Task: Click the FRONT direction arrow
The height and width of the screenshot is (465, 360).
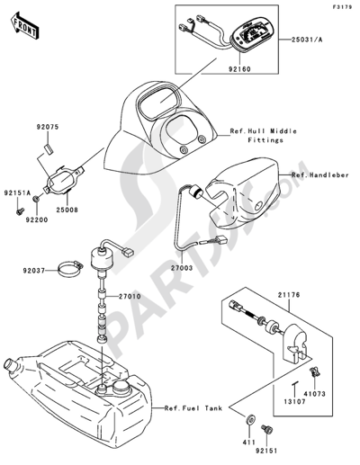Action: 24,25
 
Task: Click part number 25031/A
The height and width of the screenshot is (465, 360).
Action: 307,40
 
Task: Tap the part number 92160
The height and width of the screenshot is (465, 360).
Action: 239,69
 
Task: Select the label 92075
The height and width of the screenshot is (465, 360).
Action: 48,127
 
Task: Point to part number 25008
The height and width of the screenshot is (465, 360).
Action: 67,210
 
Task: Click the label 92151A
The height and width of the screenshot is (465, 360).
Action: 17,193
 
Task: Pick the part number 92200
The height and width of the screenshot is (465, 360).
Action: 37,220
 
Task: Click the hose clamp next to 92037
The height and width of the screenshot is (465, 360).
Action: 70,269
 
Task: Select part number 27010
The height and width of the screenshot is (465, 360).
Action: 130,297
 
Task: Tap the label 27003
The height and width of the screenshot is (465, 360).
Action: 181,268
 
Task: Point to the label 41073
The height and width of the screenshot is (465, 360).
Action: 314,394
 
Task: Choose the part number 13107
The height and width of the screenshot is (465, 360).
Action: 294,402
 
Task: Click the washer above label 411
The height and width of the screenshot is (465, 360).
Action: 250,419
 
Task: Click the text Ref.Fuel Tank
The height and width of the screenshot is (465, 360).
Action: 193,408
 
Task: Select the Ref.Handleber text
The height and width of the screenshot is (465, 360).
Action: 320,174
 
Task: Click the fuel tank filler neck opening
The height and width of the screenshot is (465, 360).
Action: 8,365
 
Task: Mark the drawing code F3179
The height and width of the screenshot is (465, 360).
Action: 342,7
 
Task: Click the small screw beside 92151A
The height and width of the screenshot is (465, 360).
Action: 20,211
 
